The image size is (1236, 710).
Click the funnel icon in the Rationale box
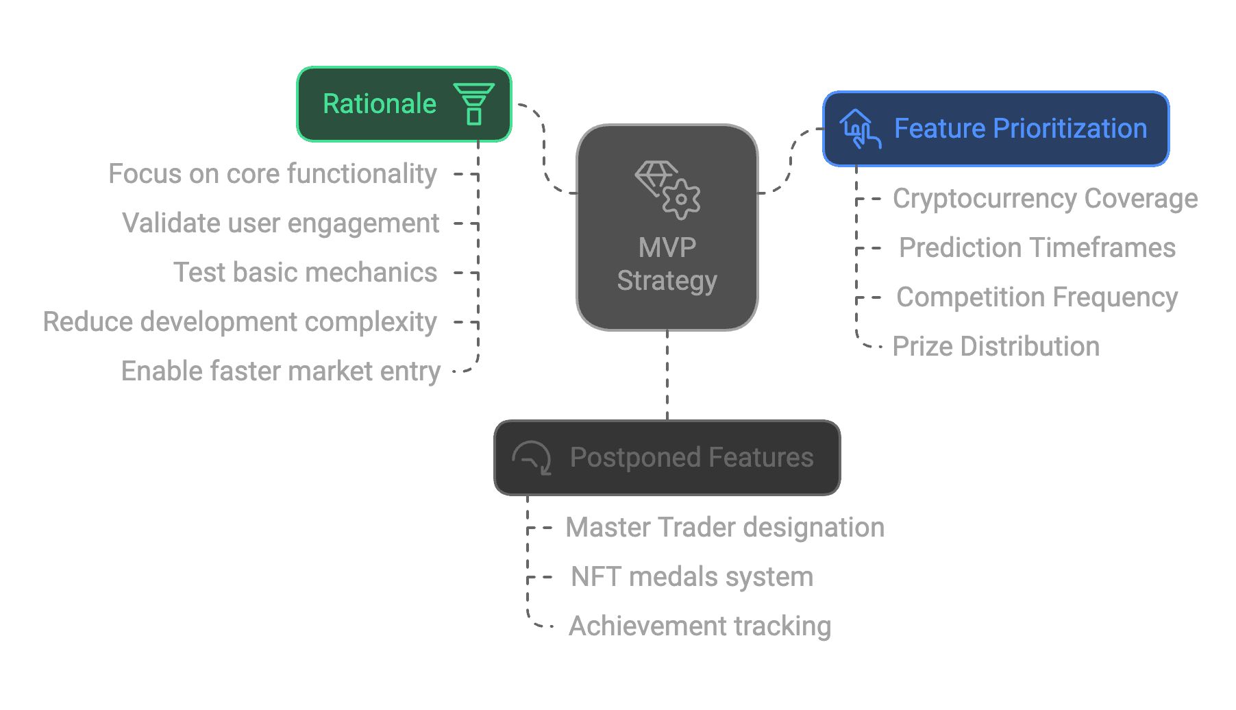[473, 104]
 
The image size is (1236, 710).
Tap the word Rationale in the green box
[380, 104]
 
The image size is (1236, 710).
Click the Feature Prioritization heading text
[1021, 129]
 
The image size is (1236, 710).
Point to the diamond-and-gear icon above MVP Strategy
[668, 190]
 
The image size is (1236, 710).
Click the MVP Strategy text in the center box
[667, 264]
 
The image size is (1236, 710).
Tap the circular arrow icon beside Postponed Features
[532, 458]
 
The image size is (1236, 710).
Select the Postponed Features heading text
[692, 458]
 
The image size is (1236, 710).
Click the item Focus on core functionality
[273, 174]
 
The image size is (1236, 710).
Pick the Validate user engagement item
[281, 223]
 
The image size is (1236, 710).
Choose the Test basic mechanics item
[306, 273]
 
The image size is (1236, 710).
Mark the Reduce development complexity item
[240, 322]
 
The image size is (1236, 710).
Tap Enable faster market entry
[281, 371]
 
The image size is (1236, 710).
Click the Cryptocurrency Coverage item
[1046, 199]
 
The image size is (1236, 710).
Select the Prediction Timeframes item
[1037, 248]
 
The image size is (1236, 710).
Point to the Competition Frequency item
[1037, 297]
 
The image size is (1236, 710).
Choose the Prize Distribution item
[996, 347]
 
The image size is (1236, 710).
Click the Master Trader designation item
[725, 528]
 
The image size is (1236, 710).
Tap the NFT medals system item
[692, 577]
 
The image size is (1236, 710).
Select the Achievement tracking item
[700, 626]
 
